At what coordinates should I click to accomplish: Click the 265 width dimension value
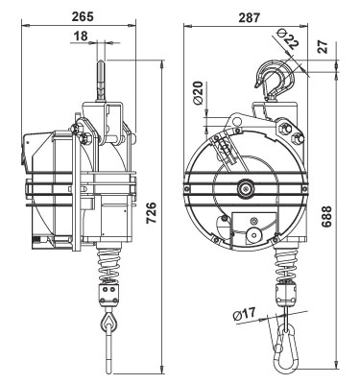click(83, 16)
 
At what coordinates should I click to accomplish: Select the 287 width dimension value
click(250, 17)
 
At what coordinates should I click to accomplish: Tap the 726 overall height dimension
click(151, 212)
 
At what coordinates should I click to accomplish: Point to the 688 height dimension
click(326, 217)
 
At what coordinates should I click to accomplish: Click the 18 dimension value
click(81, 36)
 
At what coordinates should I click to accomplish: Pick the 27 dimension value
click(324, 47)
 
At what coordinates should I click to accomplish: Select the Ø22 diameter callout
click(286, 38)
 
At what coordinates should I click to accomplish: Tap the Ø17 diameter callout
click(245, 314)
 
